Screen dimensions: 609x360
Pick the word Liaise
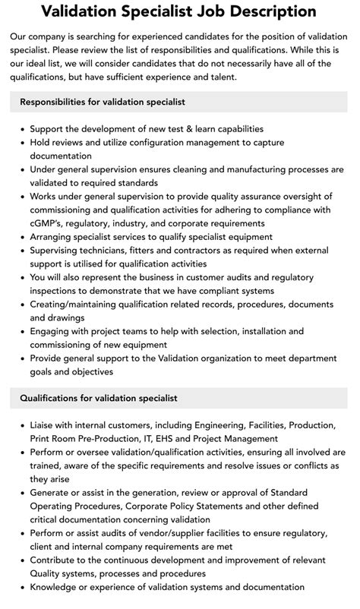pos(45,424)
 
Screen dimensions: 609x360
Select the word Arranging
pos(55,237)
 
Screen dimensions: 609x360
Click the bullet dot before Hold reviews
pos(22,142)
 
